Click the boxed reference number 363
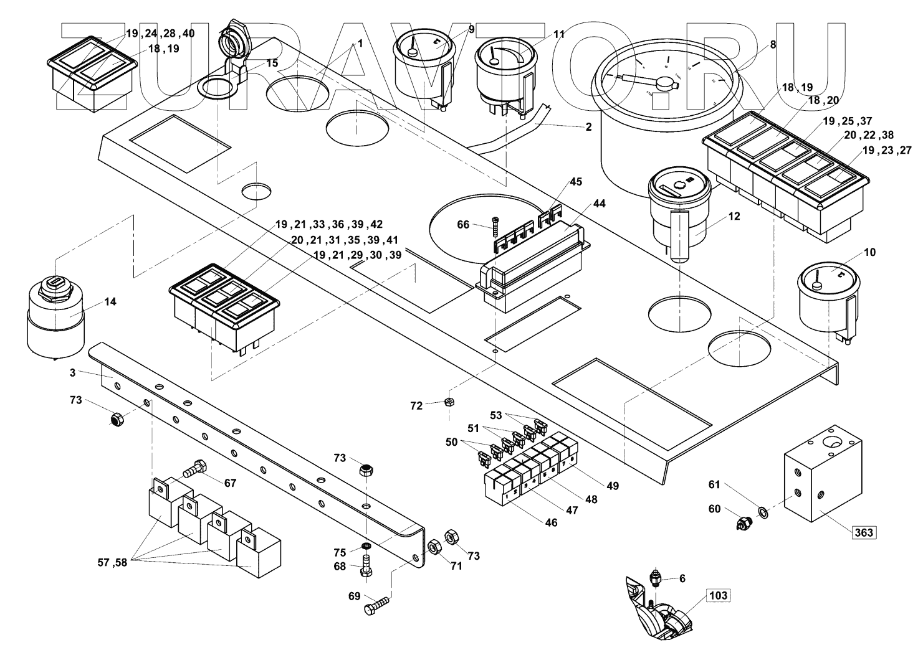(x=864, y=532)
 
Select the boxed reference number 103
(x=718, y=595)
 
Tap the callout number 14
(x=110, y=302)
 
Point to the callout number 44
(x=599, y=204)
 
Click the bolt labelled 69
(x=378, y=605)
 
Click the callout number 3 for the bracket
(x=73, y=372)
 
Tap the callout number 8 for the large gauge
(x=773, y=44)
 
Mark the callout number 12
(x=734, y=217)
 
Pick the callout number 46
(x=552, y=523)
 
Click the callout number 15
(x=272, y=63)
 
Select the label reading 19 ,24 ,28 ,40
(x=160, y=34)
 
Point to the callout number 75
(x=339, y=552)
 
